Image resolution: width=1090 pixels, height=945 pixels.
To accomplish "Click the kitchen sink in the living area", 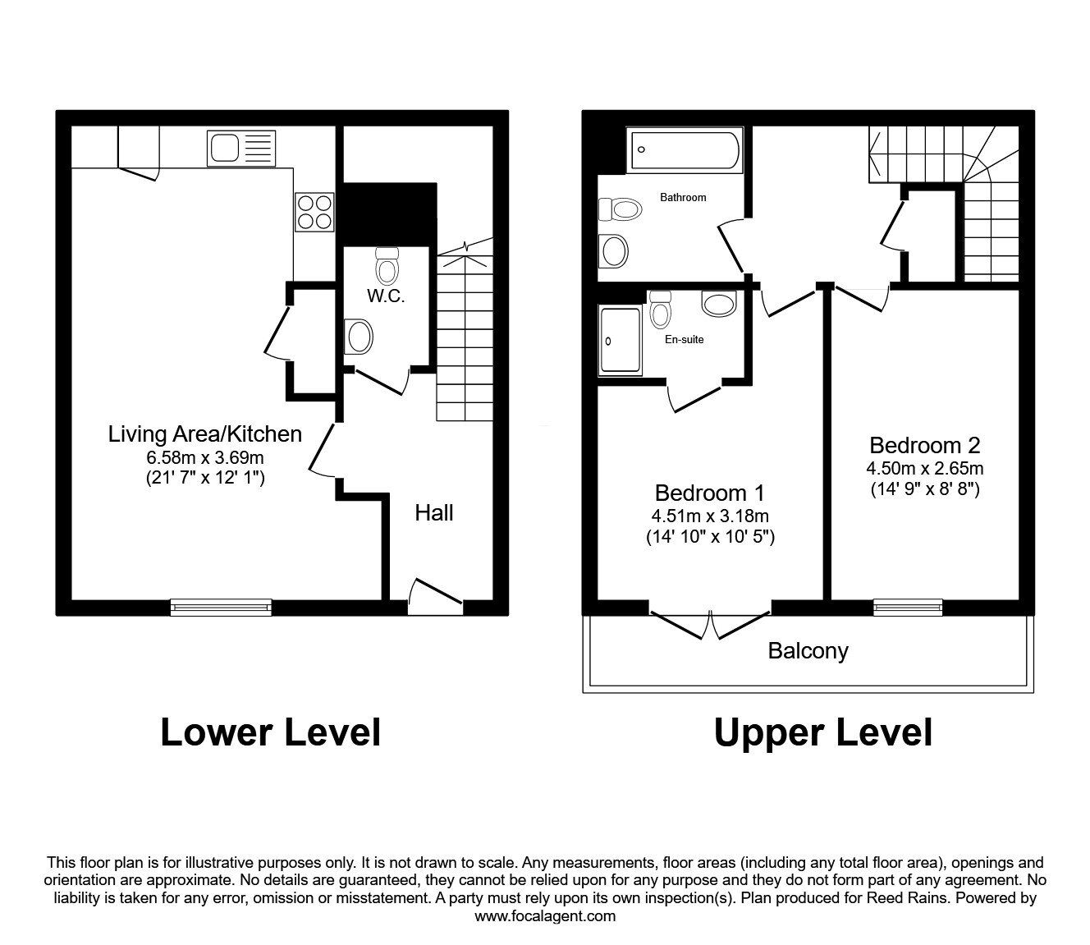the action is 241,149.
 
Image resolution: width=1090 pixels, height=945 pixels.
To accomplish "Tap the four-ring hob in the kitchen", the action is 314,212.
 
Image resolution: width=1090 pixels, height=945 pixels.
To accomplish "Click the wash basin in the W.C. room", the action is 359,337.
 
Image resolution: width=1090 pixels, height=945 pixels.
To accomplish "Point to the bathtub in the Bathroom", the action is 685,150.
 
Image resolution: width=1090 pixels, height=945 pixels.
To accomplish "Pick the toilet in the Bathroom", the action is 621,209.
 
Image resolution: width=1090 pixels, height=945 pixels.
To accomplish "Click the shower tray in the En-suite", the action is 621,340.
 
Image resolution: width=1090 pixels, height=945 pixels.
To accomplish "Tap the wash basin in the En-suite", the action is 719,304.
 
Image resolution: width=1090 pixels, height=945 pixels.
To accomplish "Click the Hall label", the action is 433,513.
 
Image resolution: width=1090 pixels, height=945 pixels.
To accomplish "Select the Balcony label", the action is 808,651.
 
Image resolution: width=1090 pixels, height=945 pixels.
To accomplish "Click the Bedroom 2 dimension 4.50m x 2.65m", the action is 924,469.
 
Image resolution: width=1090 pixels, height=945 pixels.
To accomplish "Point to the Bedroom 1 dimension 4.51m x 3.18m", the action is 710,516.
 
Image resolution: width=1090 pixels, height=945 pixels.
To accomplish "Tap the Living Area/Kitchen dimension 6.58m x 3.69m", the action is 205,457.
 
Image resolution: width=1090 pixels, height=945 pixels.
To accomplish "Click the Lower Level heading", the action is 271,733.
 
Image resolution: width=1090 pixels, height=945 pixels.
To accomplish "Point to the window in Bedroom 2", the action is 908,608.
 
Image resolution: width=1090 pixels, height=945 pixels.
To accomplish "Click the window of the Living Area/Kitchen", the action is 221,608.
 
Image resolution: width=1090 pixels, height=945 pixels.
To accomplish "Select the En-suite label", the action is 684,340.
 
